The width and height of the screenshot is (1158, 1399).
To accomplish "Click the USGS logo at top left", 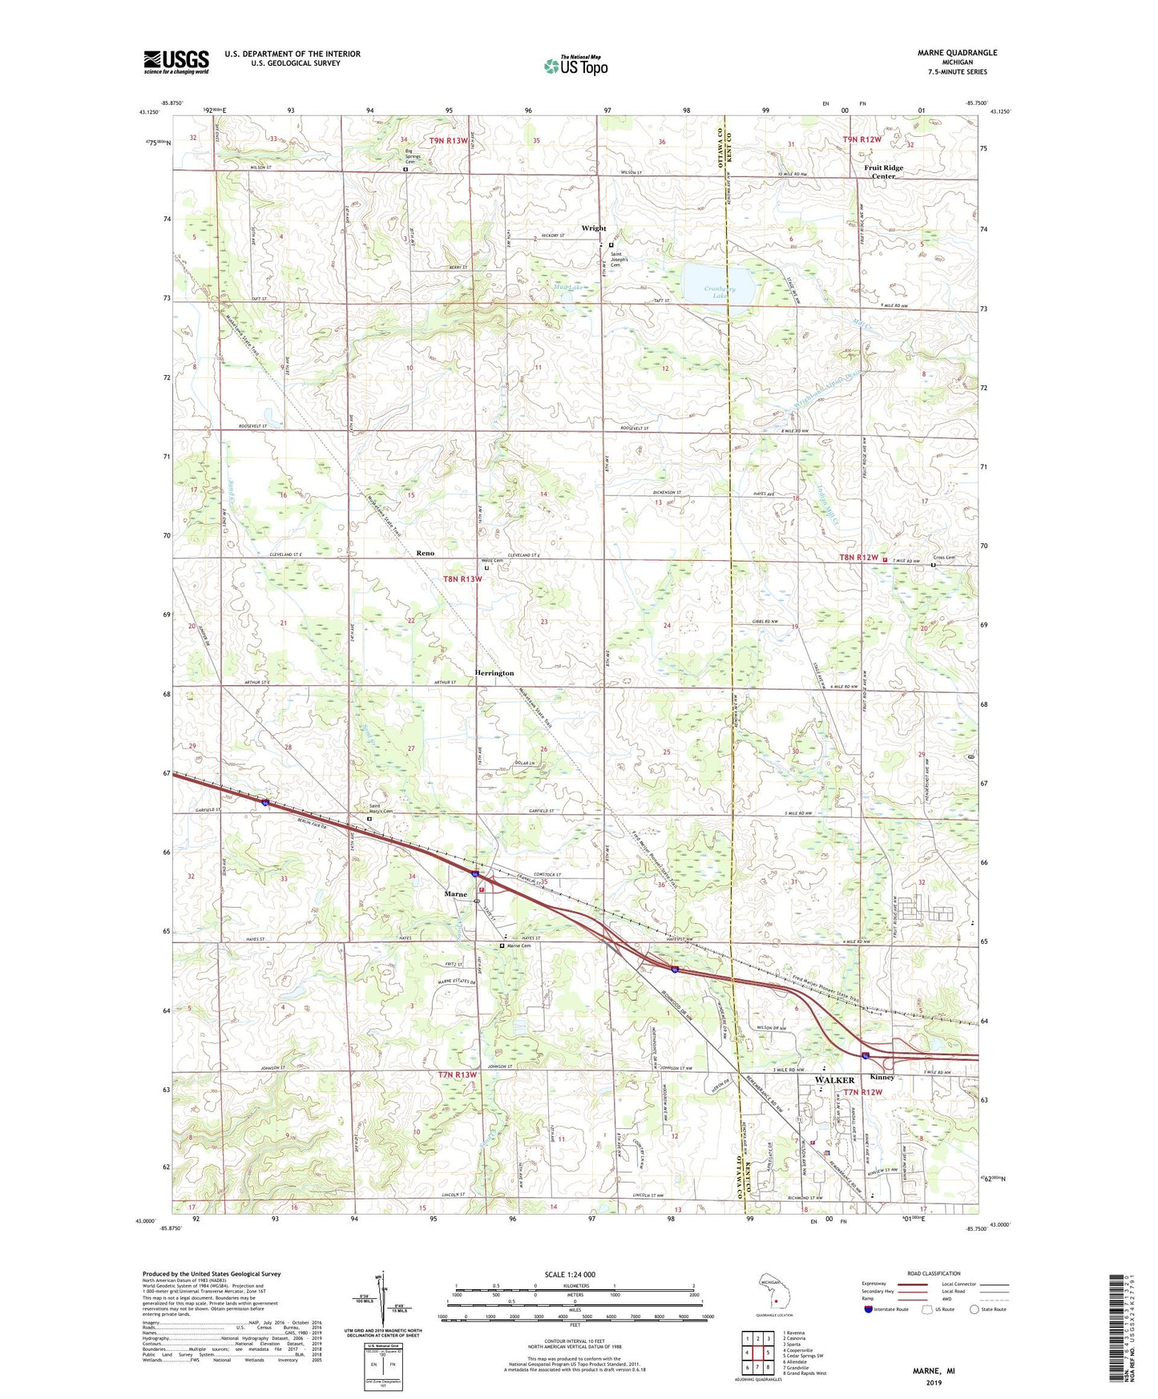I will [x=176, y=62].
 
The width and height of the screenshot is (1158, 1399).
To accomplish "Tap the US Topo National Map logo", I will [x=575, y=66].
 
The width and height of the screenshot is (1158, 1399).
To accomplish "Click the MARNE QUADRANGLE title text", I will [x=958, y=53].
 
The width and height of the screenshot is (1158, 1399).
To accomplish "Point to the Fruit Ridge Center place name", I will [x=883, y=172].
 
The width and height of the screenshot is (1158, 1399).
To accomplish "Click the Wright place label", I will [x=594, y=228].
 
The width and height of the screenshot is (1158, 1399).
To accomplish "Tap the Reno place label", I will [x=425, y=553].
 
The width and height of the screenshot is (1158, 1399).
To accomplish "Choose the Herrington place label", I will [x=494, y=673].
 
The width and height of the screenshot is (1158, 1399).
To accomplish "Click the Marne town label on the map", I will [x=456, y=893].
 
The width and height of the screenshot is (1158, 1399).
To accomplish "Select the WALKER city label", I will [x=834, y=1080].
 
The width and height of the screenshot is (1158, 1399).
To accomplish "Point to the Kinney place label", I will [x=882, y=1077].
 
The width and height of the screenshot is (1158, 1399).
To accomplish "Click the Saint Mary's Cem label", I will [x=381, y=810].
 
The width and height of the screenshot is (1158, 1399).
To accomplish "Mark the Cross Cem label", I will [x=944, y=558].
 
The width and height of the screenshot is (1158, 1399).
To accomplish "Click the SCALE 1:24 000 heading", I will [x=570, y=1274].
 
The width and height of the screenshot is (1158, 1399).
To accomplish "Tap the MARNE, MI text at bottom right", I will [x=934, y=1371].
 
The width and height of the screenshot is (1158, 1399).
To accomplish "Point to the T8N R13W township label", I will [x=462, y=579].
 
